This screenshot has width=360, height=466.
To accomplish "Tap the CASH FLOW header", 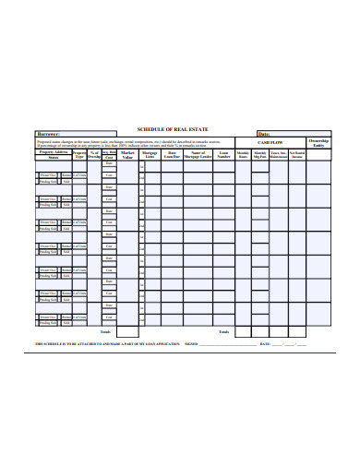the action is point(270,143).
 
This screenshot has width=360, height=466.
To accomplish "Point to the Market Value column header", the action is point(127,156).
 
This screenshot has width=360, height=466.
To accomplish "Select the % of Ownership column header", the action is point(93,156).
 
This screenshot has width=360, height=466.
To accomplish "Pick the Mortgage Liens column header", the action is point(150,156).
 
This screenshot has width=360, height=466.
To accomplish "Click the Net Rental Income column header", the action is point(297,156).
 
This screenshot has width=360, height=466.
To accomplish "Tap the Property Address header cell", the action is point(53,153).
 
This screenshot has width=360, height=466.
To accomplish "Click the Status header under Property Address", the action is point(53,159).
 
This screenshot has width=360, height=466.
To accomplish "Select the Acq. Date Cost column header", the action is point(109,156).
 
